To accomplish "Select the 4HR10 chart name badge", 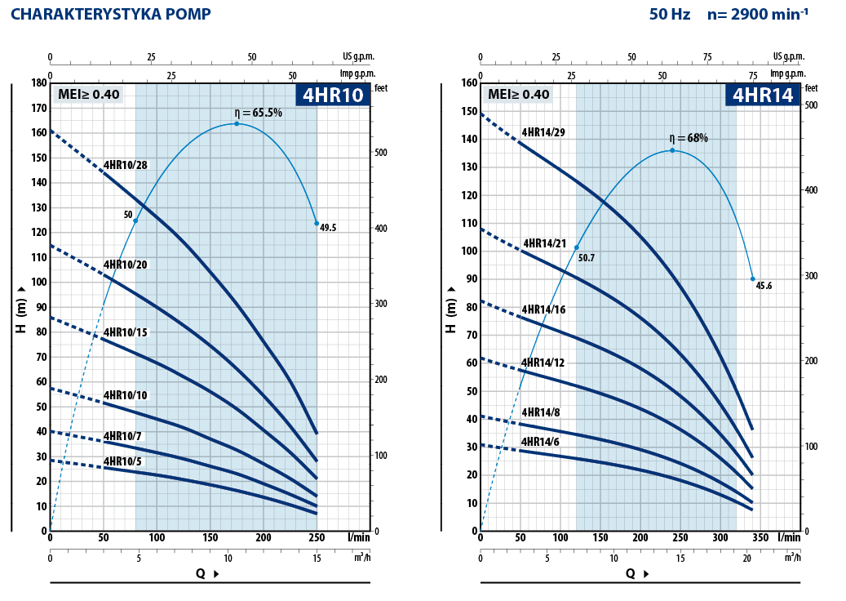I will point(332,95).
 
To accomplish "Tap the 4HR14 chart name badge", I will point(762,95).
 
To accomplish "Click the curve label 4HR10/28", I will point(125,165).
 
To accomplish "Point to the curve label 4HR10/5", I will point(122,461).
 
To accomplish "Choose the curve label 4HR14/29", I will point(543,132).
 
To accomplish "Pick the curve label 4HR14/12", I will point(543,363).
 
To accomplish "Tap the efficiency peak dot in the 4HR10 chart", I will point(237,123).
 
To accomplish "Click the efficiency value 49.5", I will point(328,229).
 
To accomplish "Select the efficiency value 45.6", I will point(764,286).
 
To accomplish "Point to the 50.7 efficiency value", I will point(586,257).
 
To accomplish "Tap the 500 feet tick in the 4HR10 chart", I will point(380,154).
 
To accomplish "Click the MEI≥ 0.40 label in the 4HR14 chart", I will point(519,94).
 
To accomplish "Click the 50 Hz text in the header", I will point(671,14).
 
